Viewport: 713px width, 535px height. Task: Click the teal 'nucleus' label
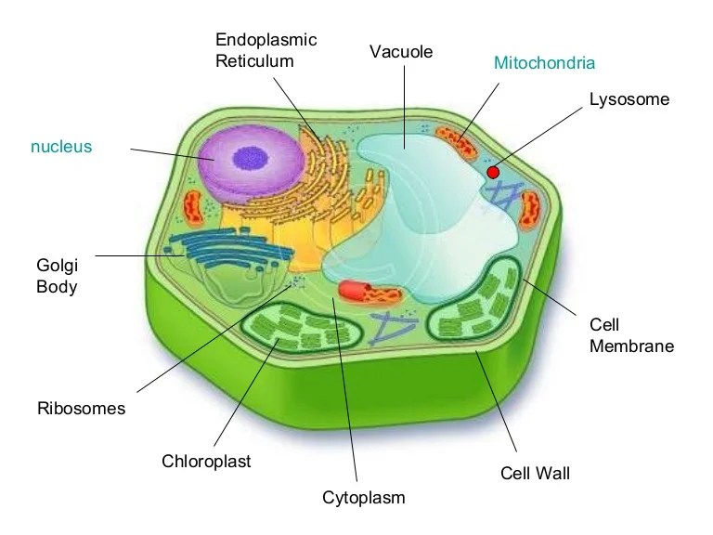tap(61, 147)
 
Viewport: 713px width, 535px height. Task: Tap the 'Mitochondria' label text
tap(544, 63)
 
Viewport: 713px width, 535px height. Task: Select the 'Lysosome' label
tap(629, 98)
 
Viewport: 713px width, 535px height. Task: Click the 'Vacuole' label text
tap(401, 51)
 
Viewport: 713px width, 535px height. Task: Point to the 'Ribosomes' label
tap(81, 408)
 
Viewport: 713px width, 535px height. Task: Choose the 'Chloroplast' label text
tap(206, 461)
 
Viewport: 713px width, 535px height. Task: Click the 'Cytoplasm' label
tap(364, 497)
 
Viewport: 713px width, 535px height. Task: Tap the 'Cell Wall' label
tap(535, 474)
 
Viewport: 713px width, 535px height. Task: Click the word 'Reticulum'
tap(254, 61)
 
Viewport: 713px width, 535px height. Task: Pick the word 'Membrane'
tap(631, 346)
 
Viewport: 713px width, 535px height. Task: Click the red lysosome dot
tap(493, 172)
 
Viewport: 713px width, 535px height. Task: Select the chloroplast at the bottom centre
tap(299, 326)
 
